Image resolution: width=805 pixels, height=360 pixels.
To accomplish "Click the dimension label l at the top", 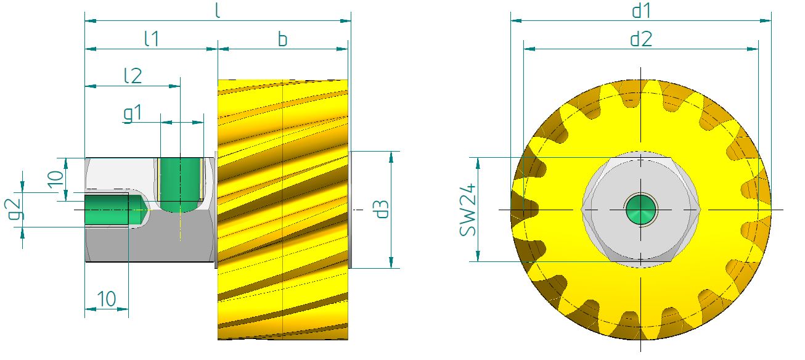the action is click(x=218, y=11).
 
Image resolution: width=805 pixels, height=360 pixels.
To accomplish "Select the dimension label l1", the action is click(x=151, y=38).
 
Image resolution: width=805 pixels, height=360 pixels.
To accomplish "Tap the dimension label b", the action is click(x=282, y=39).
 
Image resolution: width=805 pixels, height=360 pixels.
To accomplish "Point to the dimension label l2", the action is click(x=133, y=76).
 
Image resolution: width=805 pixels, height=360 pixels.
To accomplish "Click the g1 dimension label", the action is click(x=133, y=113).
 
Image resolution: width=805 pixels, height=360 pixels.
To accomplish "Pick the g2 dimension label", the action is click(x=14, y=210).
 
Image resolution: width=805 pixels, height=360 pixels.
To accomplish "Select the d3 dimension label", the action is click(x=381, y=210).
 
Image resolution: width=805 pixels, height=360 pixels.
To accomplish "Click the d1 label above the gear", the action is click(x=641, y=10).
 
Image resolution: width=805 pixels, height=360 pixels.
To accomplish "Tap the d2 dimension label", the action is click(x=641, y=39).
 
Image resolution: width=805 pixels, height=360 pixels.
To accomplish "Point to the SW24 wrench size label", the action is click(x=468, y=210).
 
